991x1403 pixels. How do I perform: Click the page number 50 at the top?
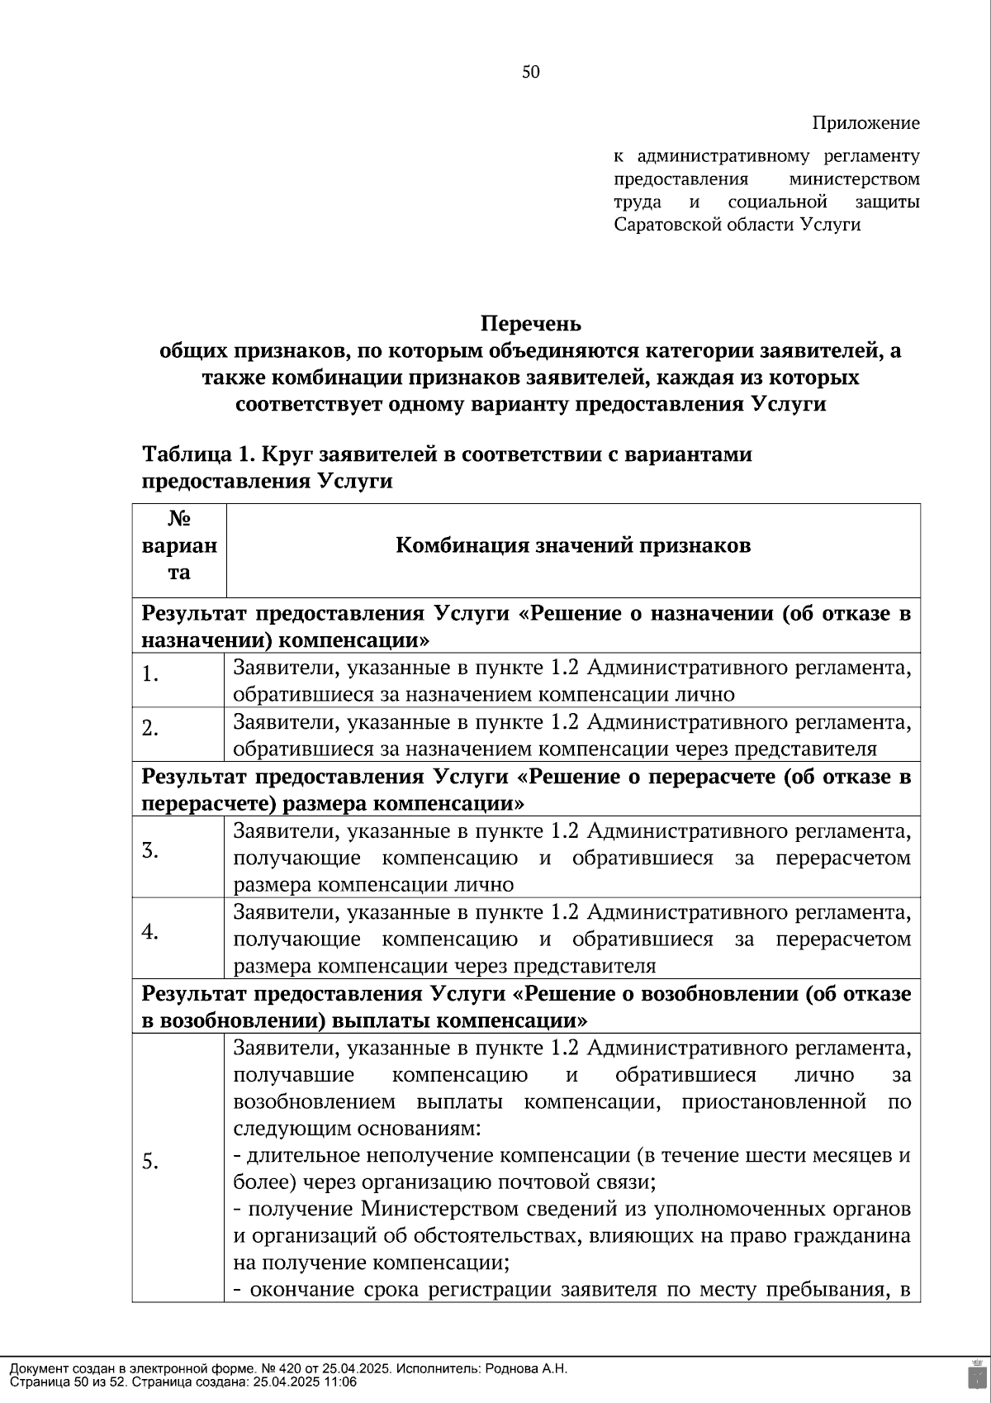(531, 72)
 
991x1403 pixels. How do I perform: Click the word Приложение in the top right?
(865, 123)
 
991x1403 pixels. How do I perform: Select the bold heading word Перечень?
(531, 323)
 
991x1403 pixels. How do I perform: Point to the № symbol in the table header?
(179, 519)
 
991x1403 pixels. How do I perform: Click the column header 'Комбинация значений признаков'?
(573, 546)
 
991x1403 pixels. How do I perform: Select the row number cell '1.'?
(150, 675)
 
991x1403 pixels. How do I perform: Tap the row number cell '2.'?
(150, 729)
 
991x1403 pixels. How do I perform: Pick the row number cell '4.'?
(150, 931)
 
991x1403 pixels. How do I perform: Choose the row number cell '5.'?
(150, 1162)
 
